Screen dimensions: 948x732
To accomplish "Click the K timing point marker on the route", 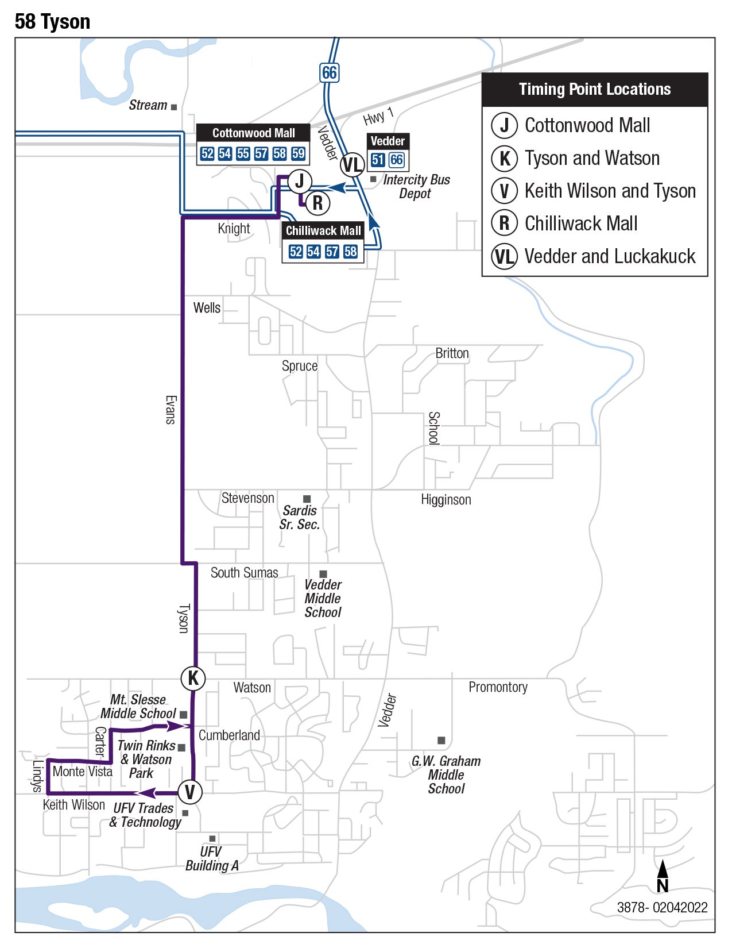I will (x=193, y=678).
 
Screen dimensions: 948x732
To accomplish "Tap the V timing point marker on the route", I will (x=189, y=792).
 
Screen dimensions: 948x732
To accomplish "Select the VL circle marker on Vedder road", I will (x=353, y=165).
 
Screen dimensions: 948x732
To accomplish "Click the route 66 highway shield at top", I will (x=329, y=72).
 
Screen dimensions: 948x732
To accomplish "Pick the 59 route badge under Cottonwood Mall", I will (x=298, y=153).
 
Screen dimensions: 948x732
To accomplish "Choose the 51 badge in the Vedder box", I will (x=377, y=160).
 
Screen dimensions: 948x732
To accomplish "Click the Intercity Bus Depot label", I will (x=416, y=187).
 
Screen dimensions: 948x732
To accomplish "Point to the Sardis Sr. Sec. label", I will (x=299, y=517).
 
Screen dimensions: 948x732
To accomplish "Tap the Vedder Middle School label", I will (x=323, y=598).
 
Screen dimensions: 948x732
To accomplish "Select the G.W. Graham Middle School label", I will (x=446, y=774).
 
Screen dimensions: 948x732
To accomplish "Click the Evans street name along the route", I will (x=171, y=410).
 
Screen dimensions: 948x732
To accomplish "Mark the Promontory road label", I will (x=498, y=687).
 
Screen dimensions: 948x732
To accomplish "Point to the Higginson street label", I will (x=446, y=500).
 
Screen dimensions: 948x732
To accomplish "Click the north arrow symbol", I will (x=662, y=876).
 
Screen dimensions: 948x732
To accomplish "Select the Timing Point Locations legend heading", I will (x=594, y=90).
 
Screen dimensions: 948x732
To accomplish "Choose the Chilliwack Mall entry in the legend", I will (x=580, y=223).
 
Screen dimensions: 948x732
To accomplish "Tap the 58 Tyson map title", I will (x=52, y=22).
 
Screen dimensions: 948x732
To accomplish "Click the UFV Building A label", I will (x=211, y=858).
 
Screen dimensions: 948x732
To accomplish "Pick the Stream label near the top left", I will (x=148, y=105).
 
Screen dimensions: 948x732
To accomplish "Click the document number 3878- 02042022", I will (x=662, y=908).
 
